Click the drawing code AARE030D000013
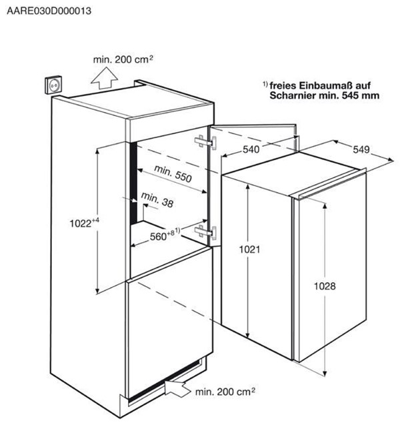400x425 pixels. coord(49,11)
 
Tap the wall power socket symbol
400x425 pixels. coord(53,85)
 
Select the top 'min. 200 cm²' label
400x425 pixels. coord(123,59)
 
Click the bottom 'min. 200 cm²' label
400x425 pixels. coord(225,392)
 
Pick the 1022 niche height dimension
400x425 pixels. coord(84,223)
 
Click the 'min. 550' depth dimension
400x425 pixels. coord(173,173)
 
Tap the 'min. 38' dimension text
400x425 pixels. coord(157,199)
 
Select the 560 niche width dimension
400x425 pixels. coord(165,235)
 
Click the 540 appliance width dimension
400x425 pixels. coord(251,149)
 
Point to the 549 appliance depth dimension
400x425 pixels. coord(361,149)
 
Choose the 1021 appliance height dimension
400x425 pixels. coord(249,250)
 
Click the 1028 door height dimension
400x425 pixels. coord(325,286)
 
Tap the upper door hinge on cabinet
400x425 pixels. coord(205,142)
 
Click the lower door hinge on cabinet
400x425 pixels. coord(205,232)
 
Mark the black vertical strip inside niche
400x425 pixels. coord(134,183)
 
